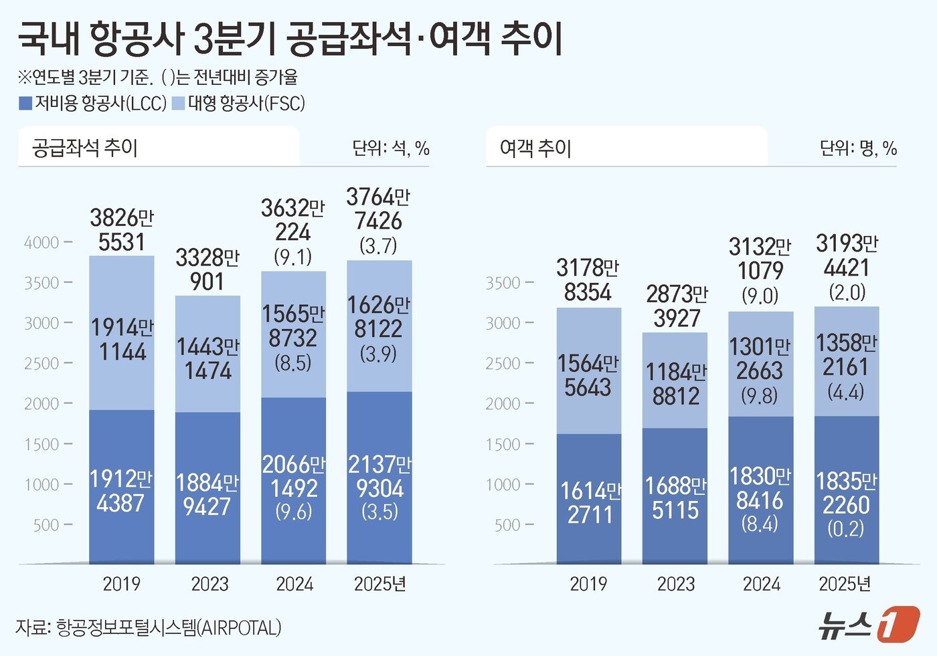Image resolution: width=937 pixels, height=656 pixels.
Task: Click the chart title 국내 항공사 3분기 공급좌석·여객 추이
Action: (289, 38)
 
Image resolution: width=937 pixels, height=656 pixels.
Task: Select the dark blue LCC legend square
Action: (25, 104)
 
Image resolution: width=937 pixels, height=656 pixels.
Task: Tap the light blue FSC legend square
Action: (179, 104)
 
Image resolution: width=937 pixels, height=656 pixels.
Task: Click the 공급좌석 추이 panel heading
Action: (85, 148)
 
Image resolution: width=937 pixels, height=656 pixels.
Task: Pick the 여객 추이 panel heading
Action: (535, 148)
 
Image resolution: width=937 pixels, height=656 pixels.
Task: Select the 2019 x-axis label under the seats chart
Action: (121, 584)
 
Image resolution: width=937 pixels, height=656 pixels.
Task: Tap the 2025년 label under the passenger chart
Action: (845, 584)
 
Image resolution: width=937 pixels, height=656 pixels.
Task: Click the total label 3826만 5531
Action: (122, 229)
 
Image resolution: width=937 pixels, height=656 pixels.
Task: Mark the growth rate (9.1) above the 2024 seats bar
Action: (293, 257)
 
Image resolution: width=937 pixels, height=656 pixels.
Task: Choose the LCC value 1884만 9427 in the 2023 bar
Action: (207, 494)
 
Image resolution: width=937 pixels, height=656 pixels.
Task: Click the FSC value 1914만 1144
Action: (122, 339)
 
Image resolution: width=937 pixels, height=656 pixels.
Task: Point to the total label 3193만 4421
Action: (847, 255)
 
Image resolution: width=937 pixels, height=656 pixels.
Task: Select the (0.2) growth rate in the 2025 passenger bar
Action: (846, 529)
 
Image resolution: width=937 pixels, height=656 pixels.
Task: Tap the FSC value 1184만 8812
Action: (676, 384)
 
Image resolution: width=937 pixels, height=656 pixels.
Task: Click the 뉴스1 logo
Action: (868, 625)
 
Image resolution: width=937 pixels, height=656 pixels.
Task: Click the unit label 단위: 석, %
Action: (391, 148)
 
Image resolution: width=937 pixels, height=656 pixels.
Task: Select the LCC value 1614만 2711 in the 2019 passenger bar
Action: (590, 502)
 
